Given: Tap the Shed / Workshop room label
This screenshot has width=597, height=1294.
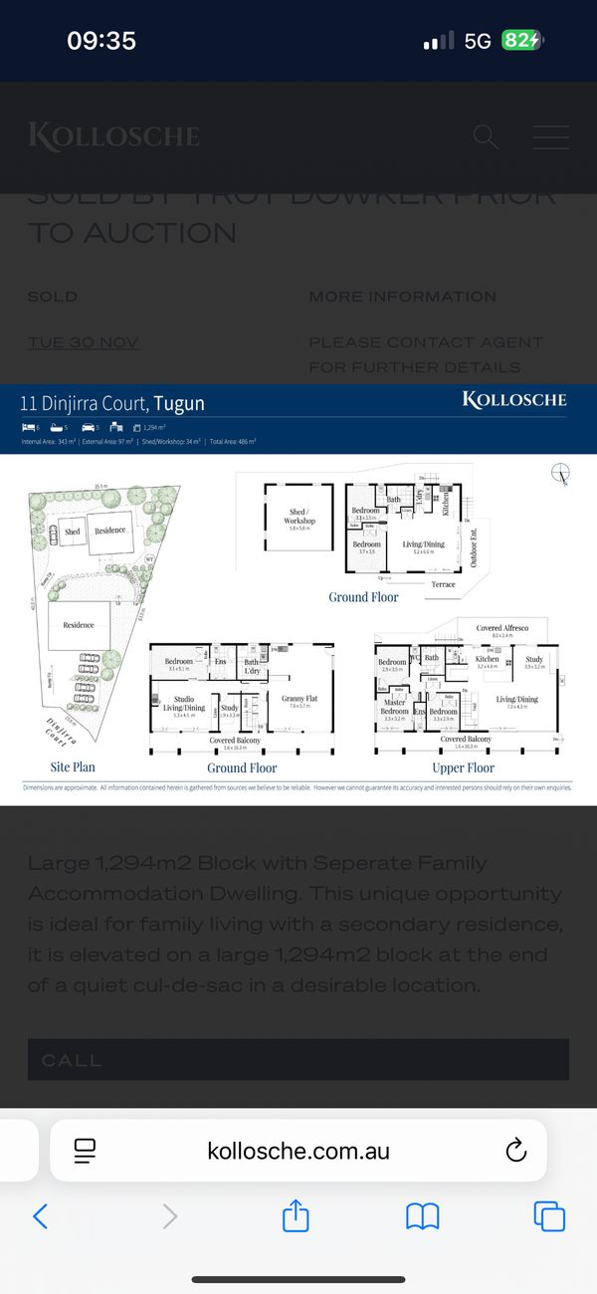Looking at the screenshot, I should (299, 517).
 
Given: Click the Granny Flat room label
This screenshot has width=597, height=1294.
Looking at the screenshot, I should (298, 699).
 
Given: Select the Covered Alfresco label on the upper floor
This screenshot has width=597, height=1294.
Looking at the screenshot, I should (502, 629).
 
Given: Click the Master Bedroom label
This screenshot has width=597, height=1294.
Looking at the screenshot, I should (394, 707).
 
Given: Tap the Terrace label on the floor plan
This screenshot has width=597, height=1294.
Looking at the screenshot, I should (443, 584).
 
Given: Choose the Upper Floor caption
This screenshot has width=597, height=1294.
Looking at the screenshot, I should (463, 767).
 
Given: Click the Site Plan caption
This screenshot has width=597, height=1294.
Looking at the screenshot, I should (74, 767).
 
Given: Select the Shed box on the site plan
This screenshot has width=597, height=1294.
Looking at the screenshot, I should (72, 532).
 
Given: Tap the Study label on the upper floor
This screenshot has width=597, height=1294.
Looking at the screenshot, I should (534, 659).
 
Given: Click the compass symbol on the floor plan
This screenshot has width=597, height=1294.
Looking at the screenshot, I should (561, 474).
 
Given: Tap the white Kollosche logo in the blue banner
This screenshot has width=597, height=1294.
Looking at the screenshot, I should (514, 400).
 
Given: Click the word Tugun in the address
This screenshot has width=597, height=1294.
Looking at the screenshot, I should (179, 403).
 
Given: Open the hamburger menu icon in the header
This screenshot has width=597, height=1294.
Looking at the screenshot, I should (550, 137).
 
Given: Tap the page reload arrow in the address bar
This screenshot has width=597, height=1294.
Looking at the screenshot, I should (515, 1152).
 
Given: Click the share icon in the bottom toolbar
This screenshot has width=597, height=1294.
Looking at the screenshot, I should (296, 1215).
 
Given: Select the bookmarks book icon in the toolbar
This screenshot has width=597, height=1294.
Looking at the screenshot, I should (423, 1215).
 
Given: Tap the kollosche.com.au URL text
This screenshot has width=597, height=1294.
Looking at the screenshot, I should (298, 1152).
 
